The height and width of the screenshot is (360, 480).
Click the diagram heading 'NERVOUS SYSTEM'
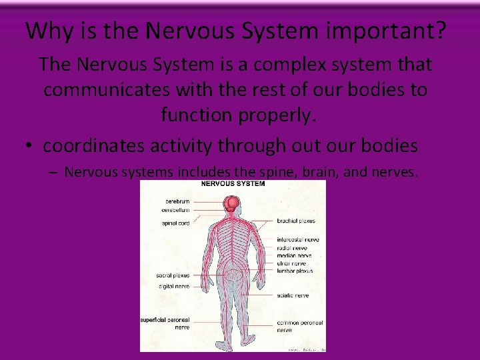[x=233, y=184]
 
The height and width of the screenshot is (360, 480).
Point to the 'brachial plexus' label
[x=297, y=221]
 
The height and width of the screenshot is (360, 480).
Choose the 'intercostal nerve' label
[x=298, y=239]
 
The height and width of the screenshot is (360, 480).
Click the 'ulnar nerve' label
[x=292, y=263]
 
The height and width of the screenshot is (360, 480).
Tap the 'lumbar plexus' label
[x=295, y=271]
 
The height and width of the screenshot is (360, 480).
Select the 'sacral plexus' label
[x=173, y=275]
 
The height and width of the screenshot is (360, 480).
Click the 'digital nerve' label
[x=173, y=287]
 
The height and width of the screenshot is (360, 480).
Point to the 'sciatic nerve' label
[x=293, y=295]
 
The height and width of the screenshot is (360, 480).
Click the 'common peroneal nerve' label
[x=299, y=326]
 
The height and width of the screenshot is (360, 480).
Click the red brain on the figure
[x=231, y=204]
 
